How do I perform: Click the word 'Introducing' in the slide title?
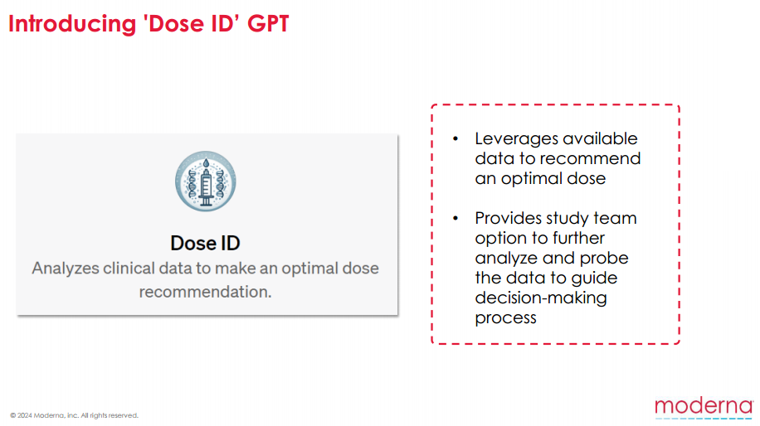(72, 24)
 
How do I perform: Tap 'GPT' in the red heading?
(268, 23)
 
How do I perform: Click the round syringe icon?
(206, 181)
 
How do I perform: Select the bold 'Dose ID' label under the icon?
(205, 243)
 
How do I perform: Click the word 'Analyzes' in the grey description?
(66, 269)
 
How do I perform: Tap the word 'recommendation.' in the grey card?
(205, 292)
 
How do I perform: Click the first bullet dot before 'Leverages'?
(456, 139)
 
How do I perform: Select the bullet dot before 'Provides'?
(456, 219)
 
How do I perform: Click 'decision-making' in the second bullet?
(541, 298)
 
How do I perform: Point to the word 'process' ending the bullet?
(505, 318)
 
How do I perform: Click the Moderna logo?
(704, 408)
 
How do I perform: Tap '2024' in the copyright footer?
(25, 415)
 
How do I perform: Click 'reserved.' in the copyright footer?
(125, 415)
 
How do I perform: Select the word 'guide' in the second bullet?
(594, 278)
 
